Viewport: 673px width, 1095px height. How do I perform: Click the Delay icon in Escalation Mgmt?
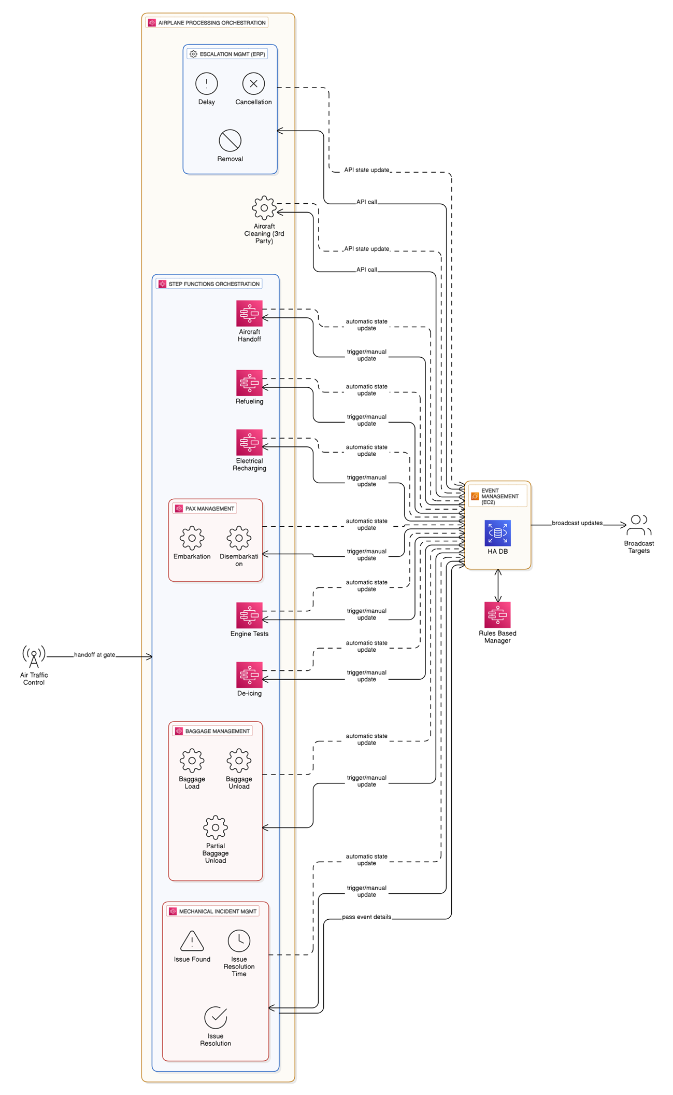pos(206,83)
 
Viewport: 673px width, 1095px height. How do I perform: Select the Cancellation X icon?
pos(253,83)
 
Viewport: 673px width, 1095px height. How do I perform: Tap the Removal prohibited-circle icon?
pos(230,141)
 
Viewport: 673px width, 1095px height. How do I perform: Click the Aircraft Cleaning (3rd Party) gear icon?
pos(264,208)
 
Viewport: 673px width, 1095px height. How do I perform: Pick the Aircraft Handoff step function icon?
pos(249,313)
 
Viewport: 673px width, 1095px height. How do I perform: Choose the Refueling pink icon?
pos(249,383)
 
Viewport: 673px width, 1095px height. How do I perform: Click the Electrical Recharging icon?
pos(249,442)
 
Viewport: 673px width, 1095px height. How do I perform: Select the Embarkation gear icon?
pos(192,538)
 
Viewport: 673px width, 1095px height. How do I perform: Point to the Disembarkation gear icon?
pos(239,538)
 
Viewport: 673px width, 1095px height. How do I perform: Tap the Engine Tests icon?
pos(249,615)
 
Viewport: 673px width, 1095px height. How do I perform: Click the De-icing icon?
pos(249,675)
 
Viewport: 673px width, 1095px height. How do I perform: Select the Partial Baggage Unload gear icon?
pos(216,827)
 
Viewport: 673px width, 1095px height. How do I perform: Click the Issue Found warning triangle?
pos(192,941)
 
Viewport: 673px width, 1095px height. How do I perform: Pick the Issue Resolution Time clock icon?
pos(239,941)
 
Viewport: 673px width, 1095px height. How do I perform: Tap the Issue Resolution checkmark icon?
pos(216,1018)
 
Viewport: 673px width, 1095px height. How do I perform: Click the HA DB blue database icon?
pos(497,533)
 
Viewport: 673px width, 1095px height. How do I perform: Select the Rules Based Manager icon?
pos(497,615)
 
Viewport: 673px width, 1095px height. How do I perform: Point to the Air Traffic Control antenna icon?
pos(34,657)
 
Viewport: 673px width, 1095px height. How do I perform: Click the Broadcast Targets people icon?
pos(639,525)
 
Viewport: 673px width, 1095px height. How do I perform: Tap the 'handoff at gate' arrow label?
pos(94,655)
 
